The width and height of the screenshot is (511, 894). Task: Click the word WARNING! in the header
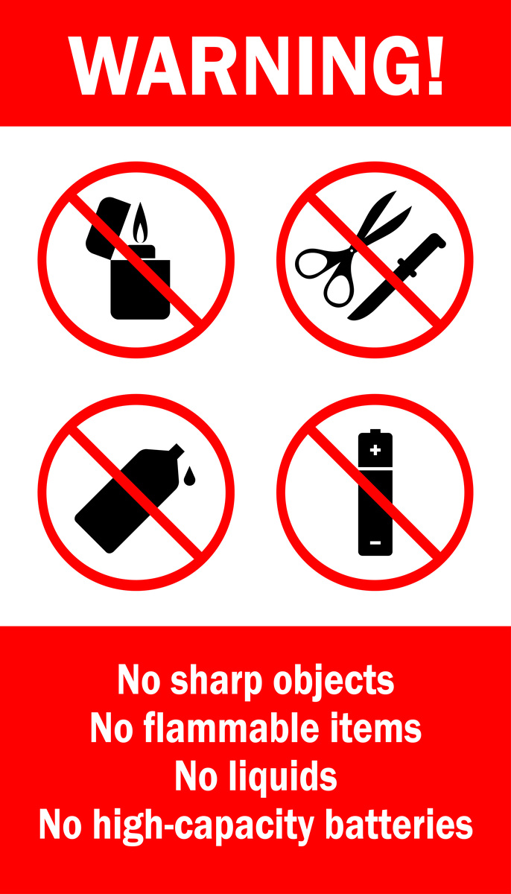(x=256, y=66)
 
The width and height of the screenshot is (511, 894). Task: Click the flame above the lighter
(x=140, y=223)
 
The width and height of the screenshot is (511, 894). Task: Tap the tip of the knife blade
(x=349, y=318)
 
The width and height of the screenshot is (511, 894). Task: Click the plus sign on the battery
(x=375, y=450)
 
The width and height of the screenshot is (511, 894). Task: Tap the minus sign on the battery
(x=375, y=542)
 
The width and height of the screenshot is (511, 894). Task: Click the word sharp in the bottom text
(x=216, y=681)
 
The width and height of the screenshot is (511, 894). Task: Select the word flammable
(x=231, y=728)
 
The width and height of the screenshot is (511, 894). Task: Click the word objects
(x=334, y=681)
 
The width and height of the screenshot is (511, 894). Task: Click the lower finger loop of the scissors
(x=339, y=287)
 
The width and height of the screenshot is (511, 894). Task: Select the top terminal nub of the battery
(x=375, y=431)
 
